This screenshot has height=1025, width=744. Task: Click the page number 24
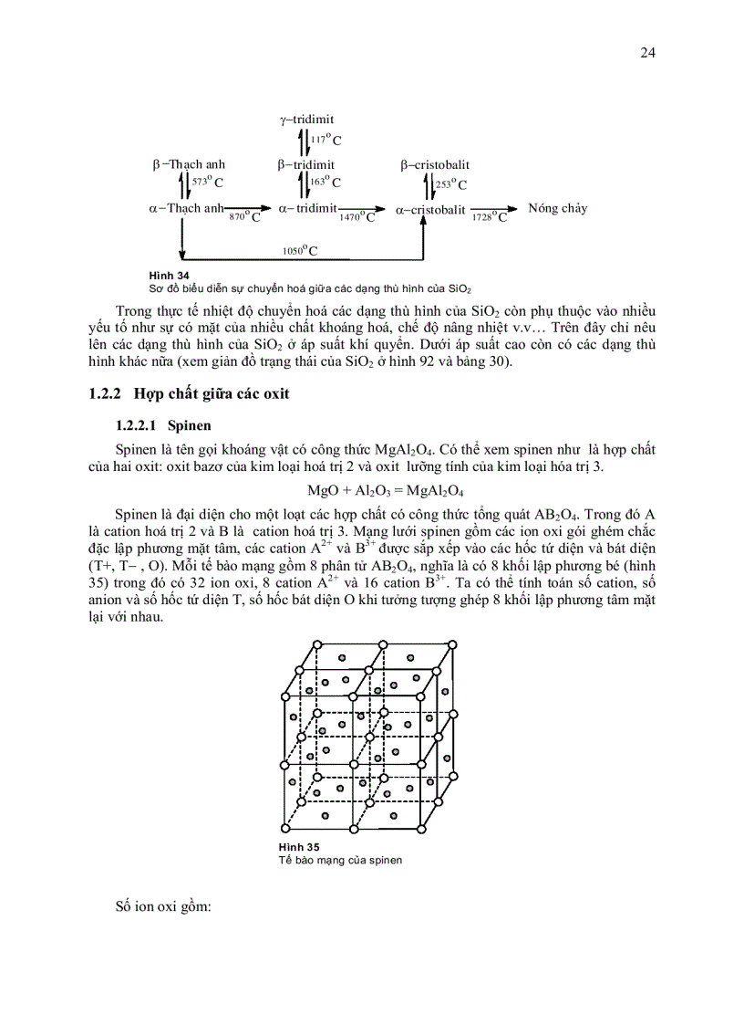(647, 53)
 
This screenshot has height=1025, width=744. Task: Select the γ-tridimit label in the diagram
(306, 120)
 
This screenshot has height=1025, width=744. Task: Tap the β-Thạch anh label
(189, 165)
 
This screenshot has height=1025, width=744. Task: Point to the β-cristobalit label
(435, 165)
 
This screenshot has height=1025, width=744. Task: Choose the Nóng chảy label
(557, 208)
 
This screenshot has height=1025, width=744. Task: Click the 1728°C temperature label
(491, 217)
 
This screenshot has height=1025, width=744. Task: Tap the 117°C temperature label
(325, 140)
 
